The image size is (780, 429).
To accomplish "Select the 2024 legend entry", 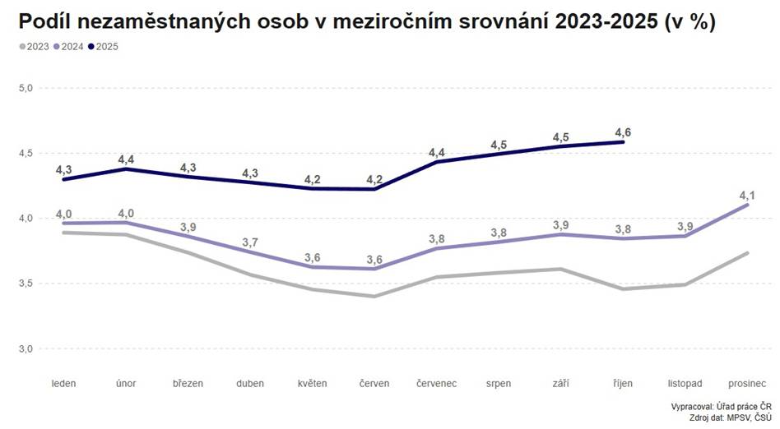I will [x=72, y=46].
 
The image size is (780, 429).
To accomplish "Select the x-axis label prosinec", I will [x=747, y=383].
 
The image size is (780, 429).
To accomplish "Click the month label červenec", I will [x=437, y=383].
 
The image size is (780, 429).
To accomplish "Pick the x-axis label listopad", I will [x=685, y=383].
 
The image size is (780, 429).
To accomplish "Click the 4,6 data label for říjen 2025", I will [x=623, y=131].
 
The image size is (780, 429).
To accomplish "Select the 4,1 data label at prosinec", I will [x=747, y=195].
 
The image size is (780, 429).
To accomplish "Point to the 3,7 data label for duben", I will [x=250, y=242].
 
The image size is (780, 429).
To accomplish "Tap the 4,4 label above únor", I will [x=126, y=159].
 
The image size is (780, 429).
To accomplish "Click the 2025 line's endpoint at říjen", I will [x=623, y=142].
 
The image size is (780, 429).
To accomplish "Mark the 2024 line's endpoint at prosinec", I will [x=747, y=205].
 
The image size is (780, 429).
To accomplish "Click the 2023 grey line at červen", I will [x=374, y=296].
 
